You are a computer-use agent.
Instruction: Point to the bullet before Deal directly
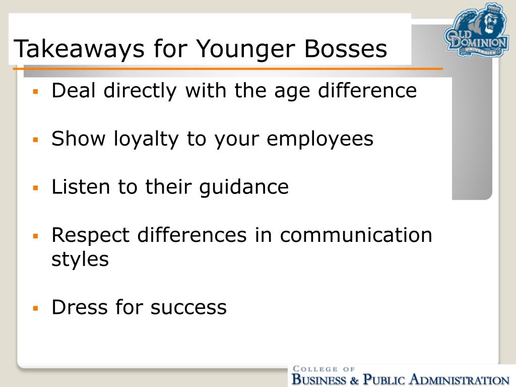click(x=36, y=91)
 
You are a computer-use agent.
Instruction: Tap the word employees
click(x=320, y=139)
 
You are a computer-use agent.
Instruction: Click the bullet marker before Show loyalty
click(x=36, y=139)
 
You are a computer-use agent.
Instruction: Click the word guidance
click(x=244, y=187)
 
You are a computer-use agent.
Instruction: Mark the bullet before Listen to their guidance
click(x=36, y=187)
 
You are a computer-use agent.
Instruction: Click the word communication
click(x=356, y=235)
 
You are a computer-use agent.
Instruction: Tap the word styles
click(x=80, y=260)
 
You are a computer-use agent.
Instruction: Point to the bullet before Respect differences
click(x=36, y=235)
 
